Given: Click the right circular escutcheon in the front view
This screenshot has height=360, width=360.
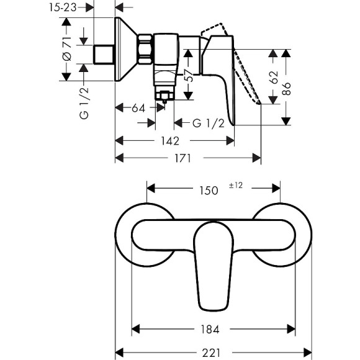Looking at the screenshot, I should click(283, 236).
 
